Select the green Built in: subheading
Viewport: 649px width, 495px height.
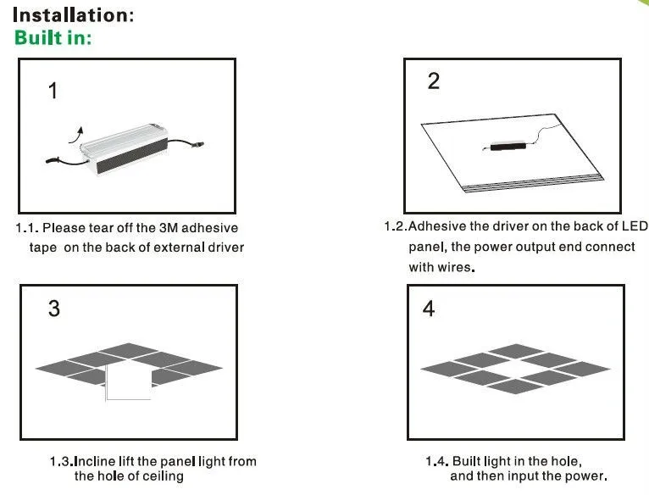tap(53, 38)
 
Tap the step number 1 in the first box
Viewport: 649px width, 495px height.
tap(53, 91)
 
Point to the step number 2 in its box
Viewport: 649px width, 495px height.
tap(434, 82)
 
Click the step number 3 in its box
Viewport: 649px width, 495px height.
tap(54, 309)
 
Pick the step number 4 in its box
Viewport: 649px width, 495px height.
tap(429, 309)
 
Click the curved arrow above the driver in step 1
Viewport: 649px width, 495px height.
tap(77, 132)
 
